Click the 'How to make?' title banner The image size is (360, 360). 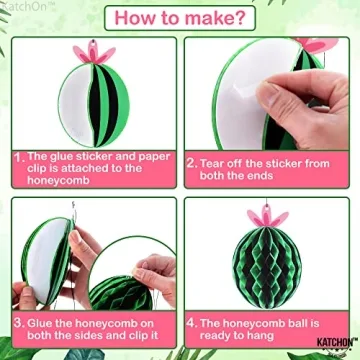click(180, 17)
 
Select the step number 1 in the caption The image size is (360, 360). click(19, 157)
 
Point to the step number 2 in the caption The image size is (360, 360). click(192, 157)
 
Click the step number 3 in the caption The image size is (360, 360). click(19, 324)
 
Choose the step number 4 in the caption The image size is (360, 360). click(192, 324)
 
